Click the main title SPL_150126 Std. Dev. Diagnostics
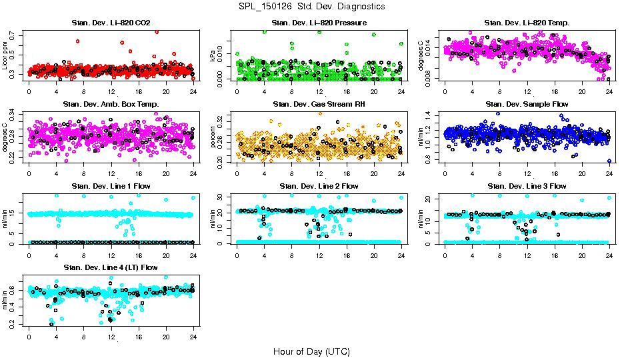311,7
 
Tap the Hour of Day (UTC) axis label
311,351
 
